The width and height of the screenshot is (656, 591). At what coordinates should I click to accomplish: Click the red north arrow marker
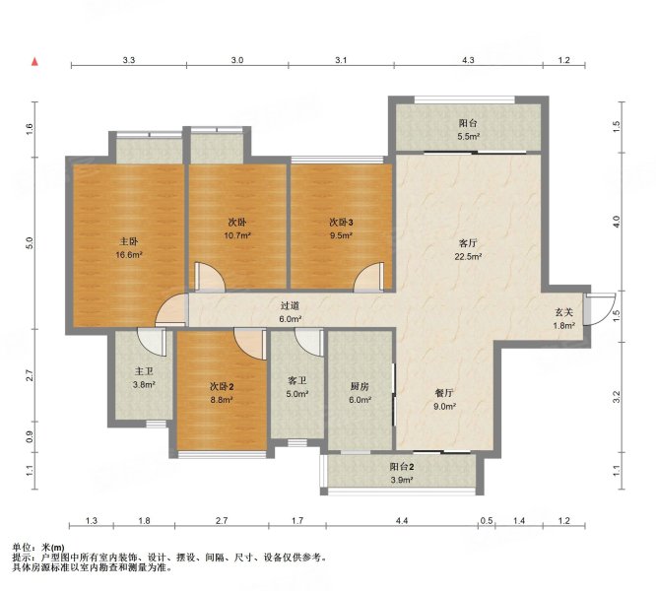click(35, 62)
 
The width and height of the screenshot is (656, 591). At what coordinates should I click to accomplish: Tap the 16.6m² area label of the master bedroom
click(129, 254)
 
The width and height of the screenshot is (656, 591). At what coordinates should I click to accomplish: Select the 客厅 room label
click(468, 243)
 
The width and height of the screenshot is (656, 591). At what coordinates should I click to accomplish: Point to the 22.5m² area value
click(468, 256)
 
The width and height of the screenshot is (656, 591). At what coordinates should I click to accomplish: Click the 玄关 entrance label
click(563, 312)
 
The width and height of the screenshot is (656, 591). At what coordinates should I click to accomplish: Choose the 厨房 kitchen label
click(360, 387)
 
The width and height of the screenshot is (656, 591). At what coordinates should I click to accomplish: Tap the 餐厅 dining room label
click(444, 393)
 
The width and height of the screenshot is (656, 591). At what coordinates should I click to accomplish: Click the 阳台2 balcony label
click(402, 467)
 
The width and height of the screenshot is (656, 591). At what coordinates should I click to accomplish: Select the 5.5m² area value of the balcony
click(468, 136)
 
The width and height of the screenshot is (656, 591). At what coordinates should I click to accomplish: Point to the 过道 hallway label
click(290, 306)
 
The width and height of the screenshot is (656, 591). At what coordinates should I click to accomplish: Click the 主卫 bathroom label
click(144, 371)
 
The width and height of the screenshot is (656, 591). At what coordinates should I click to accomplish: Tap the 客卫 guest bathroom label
click(297, 380)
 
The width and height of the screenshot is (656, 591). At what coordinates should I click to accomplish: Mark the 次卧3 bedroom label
click(341, 223)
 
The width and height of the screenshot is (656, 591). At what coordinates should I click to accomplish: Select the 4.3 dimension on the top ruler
click(468, 60)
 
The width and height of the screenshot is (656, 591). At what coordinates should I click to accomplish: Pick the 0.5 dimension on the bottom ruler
click(487, 521)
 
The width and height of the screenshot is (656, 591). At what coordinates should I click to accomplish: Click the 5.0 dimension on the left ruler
click(29, 243)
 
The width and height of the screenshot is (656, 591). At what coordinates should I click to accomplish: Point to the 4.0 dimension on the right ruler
click(616, 222)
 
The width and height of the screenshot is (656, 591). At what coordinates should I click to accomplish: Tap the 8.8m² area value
click(222, 400)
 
